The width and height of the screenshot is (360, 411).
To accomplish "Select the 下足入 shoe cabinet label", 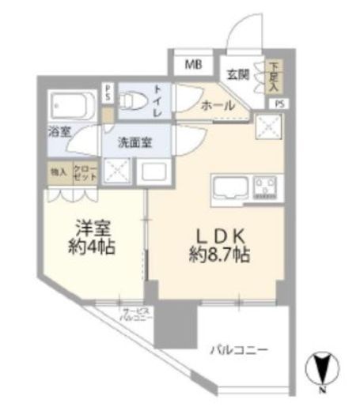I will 271,75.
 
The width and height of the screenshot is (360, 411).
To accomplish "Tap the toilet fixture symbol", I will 131,101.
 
